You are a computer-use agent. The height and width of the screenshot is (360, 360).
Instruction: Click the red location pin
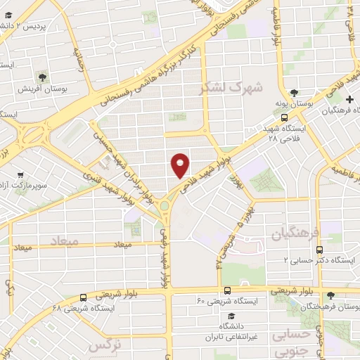(181, 164)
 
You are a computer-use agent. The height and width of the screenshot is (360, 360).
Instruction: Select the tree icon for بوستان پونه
(294, 92)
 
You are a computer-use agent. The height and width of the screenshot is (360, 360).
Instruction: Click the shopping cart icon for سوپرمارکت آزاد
(20, 171)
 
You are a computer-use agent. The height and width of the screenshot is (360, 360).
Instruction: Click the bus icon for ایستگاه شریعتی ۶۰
(226, 290)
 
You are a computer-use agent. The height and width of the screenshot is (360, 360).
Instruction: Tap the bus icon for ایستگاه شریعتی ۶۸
(84, 297)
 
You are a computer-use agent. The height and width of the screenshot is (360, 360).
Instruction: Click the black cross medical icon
(349, 100)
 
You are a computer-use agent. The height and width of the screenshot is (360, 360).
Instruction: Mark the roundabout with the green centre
(167, 205)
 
